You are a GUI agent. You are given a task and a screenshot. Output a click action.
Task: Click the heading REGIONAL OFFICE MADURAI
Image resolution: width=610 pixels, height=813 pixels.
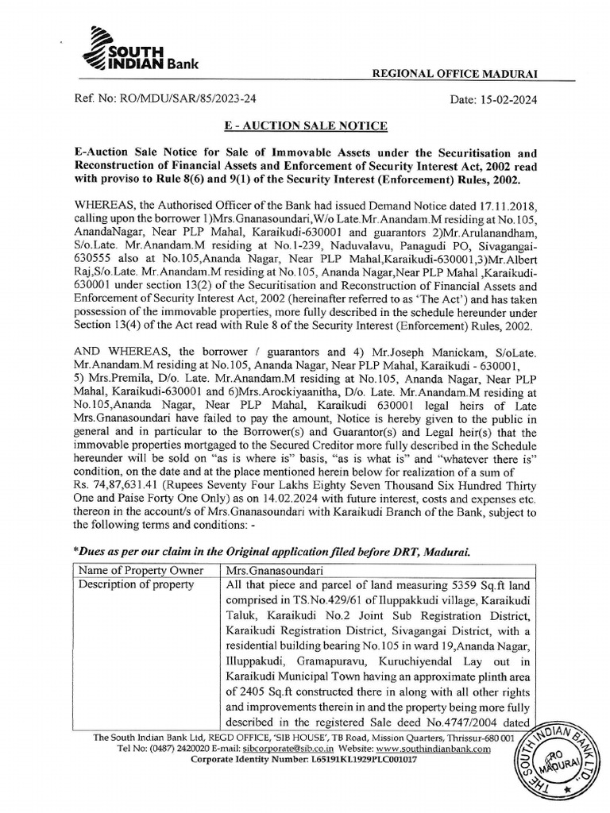click(x=449, y=73)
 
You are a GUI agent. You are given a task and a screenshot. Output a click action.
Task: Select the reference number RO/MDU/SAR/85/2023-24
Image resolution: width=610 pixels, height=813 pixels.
click(x=191, y=101)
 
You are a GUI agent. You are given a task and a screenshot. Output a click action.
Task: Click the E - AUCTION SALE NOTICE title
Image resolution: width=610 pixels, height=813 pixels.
click(x=305, y=126)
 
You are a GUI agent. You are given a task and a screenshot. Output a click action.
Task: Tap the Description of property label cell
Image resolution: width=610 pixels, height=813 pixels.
click(x=135, y=585)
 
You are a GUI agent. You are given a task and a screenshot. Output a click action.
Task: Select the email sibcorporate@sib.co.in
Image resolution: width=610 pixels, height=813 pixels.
click(x=281, y=749)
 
